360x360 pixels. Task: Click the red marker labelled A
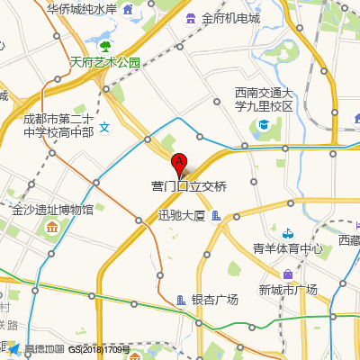[179, 163]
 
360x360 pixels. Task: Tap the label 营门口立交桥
[189, 186]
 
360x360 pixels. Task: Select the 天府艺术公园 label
[105, 62]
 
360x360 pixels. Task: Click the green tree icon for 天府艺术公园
[105, 45]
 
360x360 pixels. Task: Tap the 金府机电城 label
[230, 18]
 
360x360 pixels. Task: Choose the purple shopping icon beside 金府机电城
[190, 18]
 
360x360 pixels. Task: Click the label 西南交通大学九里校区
[265, 99]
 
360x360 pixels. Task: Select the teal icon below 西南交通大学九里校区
[264, 124]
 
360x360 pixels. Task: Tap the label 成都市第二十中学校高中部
[58, 125]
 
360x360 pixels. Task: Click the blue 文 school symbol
[104, 127]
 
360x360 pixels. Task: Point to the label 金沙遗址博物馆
[53, 210]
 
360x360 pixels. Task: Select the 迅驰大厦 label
[182, 215]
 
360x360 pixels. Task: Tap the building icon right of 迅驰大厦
[217, 215]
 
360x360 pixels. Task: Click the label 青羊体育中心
[287, 249]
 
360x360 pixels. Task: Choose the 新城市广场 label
[288, 289]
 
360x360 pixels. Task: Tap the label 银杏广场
[214, 300]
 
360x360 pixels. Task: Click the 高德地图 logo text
[44, 349]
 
